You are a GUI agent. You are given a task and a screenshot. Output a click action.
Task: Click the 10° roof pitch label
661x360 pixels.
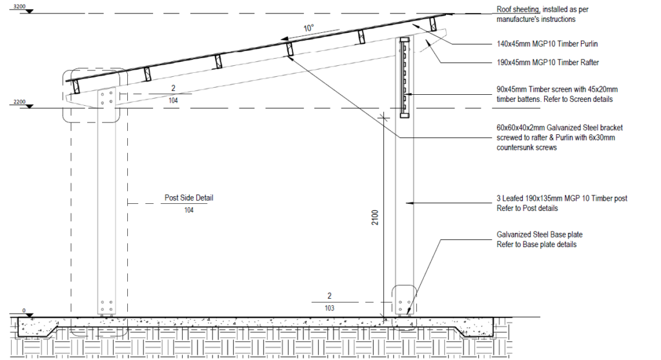click(309, 28)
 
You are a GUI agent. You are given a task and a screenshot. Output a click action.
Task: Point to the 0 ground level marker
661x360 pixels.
click(25, 311)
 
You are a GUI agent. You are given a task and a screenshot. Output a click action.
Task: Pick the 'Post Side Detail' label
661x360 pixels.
click(189, 198)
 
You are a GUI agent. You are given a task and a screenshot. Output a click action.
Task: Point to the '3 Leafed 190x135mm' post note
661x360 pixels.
click(561, 203)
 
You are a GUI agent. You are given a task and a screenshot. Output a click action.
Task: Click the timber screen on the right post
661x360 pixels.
click(404, 77)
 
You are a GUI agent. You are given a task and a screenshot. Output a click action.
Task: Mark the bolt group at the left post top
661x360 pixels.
click(107, 97)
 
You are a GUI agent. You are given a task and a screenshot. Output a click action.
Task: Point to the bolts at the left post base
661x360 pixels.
click(107, 305)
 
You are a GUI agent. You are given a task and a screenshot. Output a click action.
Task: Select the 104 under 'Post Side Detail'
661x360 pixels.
click(189, 210)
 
